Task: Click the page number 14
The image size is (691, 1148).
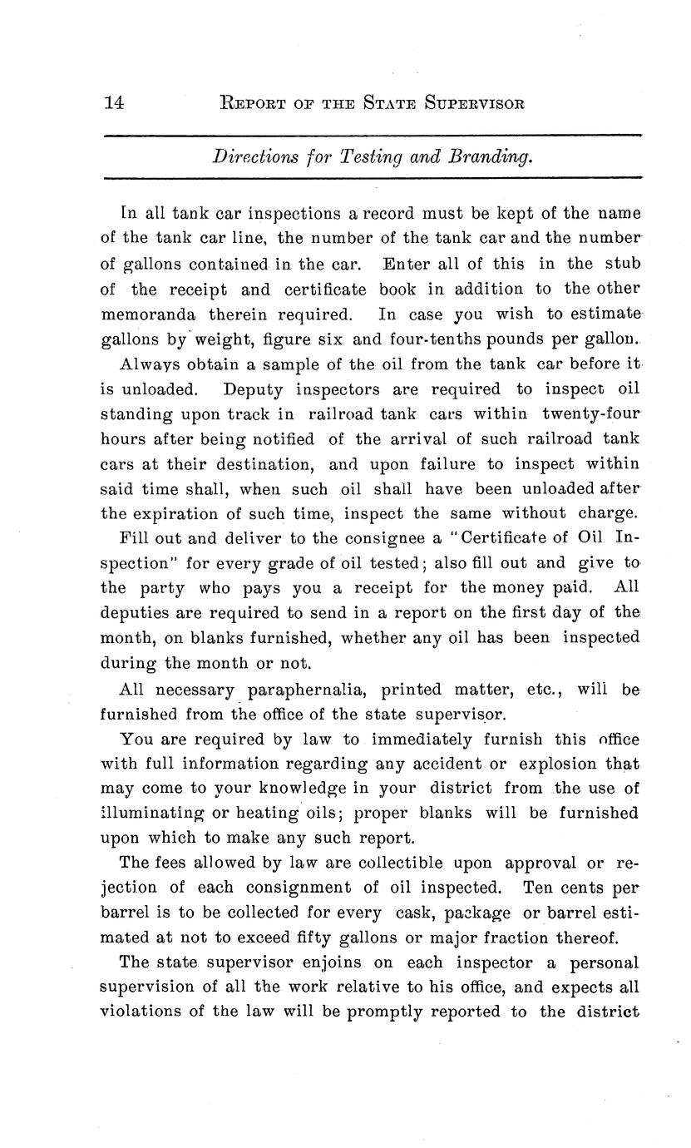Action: [114, 103]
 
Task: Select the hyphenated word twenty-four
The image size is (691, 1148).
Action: [591, 413]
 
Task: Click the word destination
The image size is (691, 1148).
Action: [261, 463]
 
